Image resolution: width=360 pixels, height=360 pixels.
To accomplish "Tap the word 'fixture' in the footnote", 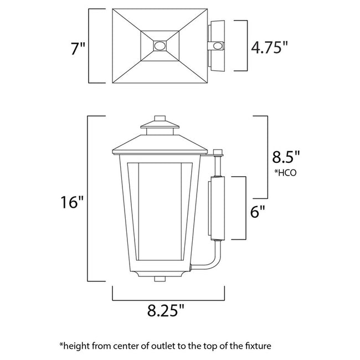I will coord(257,346).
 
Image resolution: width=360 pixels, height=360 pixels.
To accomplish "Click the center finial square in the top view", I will coord(160,46).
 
